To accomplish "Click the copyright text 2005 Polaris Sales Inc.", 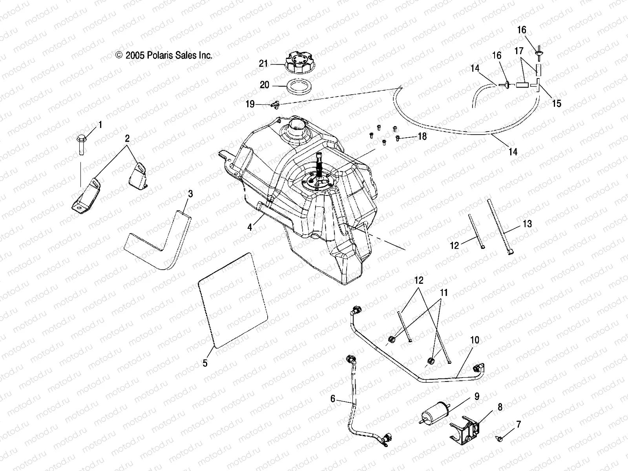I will tap(164, 56).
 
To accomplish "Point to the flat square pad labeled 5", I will tap(234, 300).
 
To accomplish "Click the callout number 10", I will tap(475, 340).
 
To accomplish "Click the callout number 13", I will tap(527, 224).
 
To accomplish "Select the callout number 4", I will tap(250, 226).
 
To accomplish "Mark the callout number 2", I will tap(128, 138).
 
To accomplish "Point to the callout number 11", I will tap(444, 293).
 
